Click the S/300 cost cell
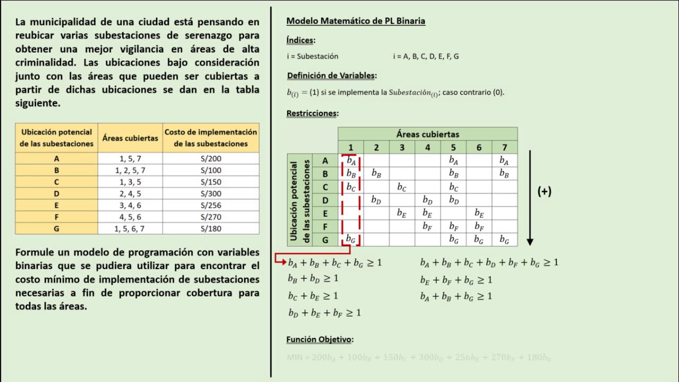click(211, 194)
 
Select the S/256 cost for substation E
click(211, 205)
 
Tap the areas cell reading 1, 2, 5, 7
click(130, 170)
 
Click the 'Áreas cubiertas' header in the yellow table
click(130, 138)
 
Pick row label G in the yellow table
click(56, 229)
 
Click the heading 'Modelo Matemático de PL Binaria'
click(355, 21)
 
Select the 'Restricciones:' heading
click(312, 113)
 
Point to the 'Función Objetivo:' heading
click(320, 340)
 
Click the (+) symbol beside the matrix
click(544, 192)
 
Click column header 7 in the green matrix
click(504, 147)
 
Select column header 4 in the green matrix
click(428, 147)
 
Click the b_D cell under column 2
click(376, 200)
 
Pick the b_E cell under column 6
click(479, 213)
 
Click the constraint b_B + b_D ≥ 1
click(313, 279)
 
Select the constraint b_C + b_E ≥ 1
click(313, 296)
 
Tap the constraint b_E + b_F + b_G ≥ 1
click(456, 280)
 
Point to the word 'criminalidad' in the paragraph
click(46, 62)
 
